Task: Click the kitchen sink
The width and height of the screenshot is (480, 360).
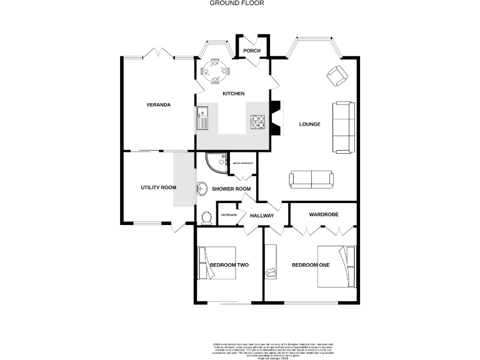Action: pyautogui.click(x=203, y=117)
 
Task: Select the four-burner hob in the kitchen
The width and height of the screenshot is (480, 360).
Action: pyautogui.click(x=258, y=122)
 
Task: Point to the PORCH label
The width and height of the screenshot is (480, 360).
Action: pyautogui.click(x=252, y=51)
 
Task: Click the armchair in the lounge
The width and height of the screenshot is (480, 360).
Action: pyautogui.click(x=337, y=76)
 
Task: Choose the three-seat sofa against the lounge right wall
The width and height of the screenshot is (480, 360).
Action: pyautogui.click(x=342, y=127)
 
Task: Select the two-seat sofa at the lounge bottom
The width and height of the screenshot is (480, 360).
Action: pyautogui.click(x=312, y=179)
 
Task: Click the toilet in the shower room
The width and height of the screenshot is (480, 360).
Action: pyautogui.click(x=207, y=217)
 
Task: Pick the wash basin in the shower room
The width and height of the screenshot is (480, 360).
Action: pyautogui.click(x=202, y=188)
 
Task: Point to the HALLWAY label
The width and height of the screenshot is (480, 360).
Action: pyautogui.click(x=262, y=216)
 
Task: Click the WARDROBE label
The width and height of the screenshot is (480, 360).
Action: pyautogui.click(x=324, y=214)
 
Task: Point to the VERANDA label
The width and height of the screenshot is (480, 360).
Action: pyautogui.click(x=158, y=104)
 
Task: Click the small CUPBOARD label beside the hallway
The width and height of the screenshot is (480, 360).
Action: pyautogui.click(x=229, y=215)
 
